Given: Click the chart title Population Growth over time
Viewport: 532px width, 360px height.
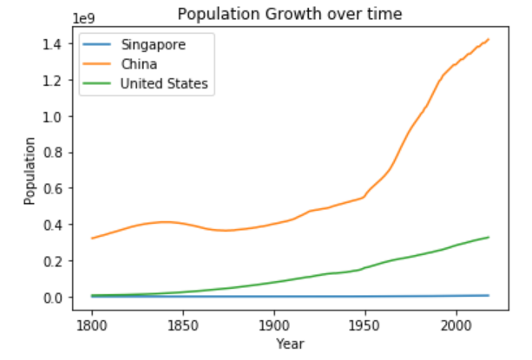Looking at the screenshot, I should [x=289, y=14].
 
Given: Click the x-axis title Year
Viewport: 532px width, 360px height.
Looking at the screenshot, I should [x=289, y=344].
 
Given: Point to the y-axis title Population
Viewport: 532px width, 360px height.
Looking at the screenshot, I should [x=30, y=170].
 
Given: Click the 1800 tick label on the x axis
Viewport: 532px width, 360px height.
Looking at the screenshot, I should [x=91, y=324].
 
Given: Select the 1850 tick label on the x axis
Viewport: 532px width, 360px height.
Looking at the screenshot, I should [x=183, y=324].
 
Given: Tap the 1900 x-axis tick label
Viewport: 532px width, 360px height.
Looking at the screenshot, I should [x=274, y=324].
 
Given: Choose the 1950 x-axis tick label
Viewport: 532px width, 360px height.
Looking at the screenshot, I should [x=365, y=324].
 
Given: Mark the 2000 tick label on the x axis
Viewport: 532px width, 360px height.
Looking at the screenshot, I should [x=456, y=324].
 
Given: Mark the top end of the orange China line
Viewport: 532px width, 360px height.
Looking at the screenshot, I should [x=489, y=39].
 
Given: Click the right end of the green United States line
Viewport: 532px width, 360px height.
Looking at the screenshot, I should [x=489, y=237].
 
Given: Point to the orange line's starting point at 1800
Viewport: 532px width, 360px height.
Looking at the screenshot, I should [x=92, y=238].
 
